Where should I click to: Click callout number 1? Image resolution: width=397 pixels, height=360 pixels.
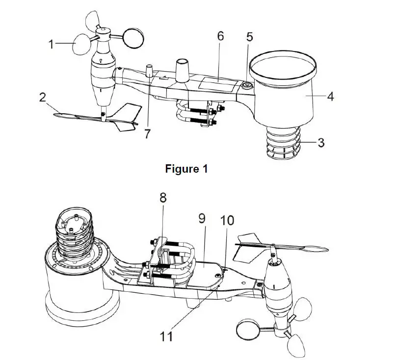(x=51, y=44)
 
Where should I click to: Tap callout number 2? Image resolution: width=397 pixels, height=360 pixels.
(x=43, y=97)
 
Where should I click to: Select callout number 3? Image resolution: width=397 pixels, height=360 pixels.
(x=321, y=143)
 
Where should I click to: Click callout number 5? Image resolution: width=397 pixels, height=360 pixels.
(x=249, y=37)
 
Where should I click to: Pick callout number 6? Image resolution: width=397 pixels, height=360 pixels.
(x=220, y=36)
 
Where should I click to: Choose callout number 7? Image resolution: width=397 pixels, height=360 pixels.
(x=148, y=134)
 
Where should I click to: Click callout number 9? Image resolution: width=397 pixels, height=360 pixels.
(x=202, y=218)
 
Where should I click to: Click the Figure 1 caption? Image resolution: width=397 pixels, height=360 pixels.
(x=186, y=169)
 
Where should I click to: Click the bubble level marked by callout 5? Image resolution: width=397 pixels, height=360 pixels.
(x=245, y=85)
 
